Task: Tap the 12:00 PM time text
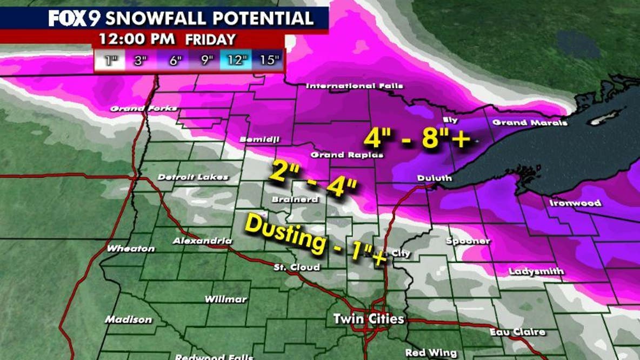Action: point(137,39)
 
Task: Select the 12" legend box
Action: point(237,60)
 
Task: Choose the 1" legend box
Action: point(110,60)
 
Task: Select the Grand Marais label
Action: point(530,123)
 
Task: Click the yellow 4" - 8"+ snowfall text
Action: point(418,139)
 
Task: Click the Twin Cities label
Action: point(369,319)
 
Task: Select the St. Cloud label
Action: point(296,267)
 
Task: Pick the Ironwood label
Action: point(575,203)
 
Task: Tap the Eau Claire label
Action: point(517,332)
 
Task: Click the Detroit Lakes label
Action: point(193,177)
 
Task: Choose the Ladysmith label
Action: point(536,271)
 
